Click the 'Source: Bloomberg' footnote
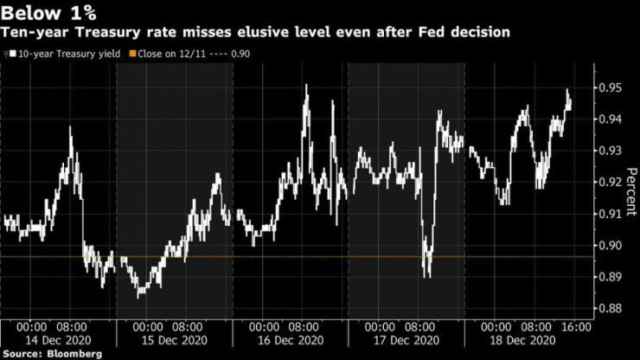click(x=53, y=354)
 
